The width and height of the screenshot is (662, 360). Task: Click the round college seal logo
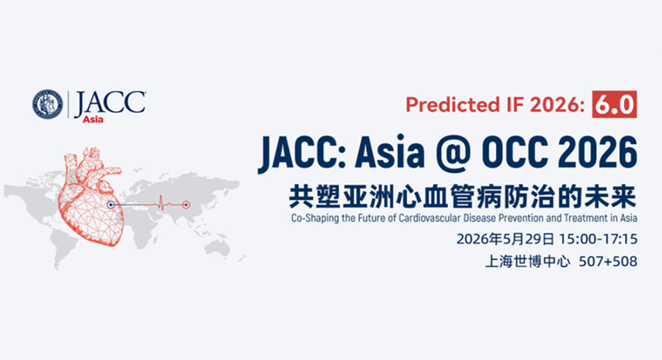[48, 104]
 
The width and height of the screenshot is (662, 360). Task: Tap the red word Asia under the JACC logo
[93, 119]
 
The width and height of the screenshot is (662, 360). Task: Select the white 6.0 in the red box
[614, 105]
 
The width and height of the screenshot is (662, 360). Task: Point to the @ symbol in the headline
[453, 152]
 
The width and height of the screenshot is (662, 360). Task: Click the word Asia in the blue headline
[389, 152]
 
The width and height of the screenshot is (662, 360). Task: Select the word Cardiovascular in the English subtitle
[430, 218]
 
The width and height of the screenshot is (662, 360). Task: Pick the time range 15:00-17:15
[598, 239]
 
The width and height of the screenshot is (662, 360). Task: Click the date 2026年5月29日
[505, 239]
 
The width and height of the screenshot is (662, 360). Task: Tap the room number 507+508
[608, 262]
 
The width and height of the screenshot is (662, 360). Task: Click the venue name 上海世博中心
[527, 262]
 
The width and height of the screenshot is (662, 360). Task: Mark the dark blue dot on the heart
[111, 205]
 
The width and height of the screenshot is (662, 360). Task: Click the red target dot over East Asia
[186, 205]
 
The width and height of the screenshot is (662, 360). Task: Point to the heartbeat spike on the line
[162, 203]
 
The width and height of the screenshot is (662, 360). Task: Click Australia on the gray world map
[218, 248]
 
